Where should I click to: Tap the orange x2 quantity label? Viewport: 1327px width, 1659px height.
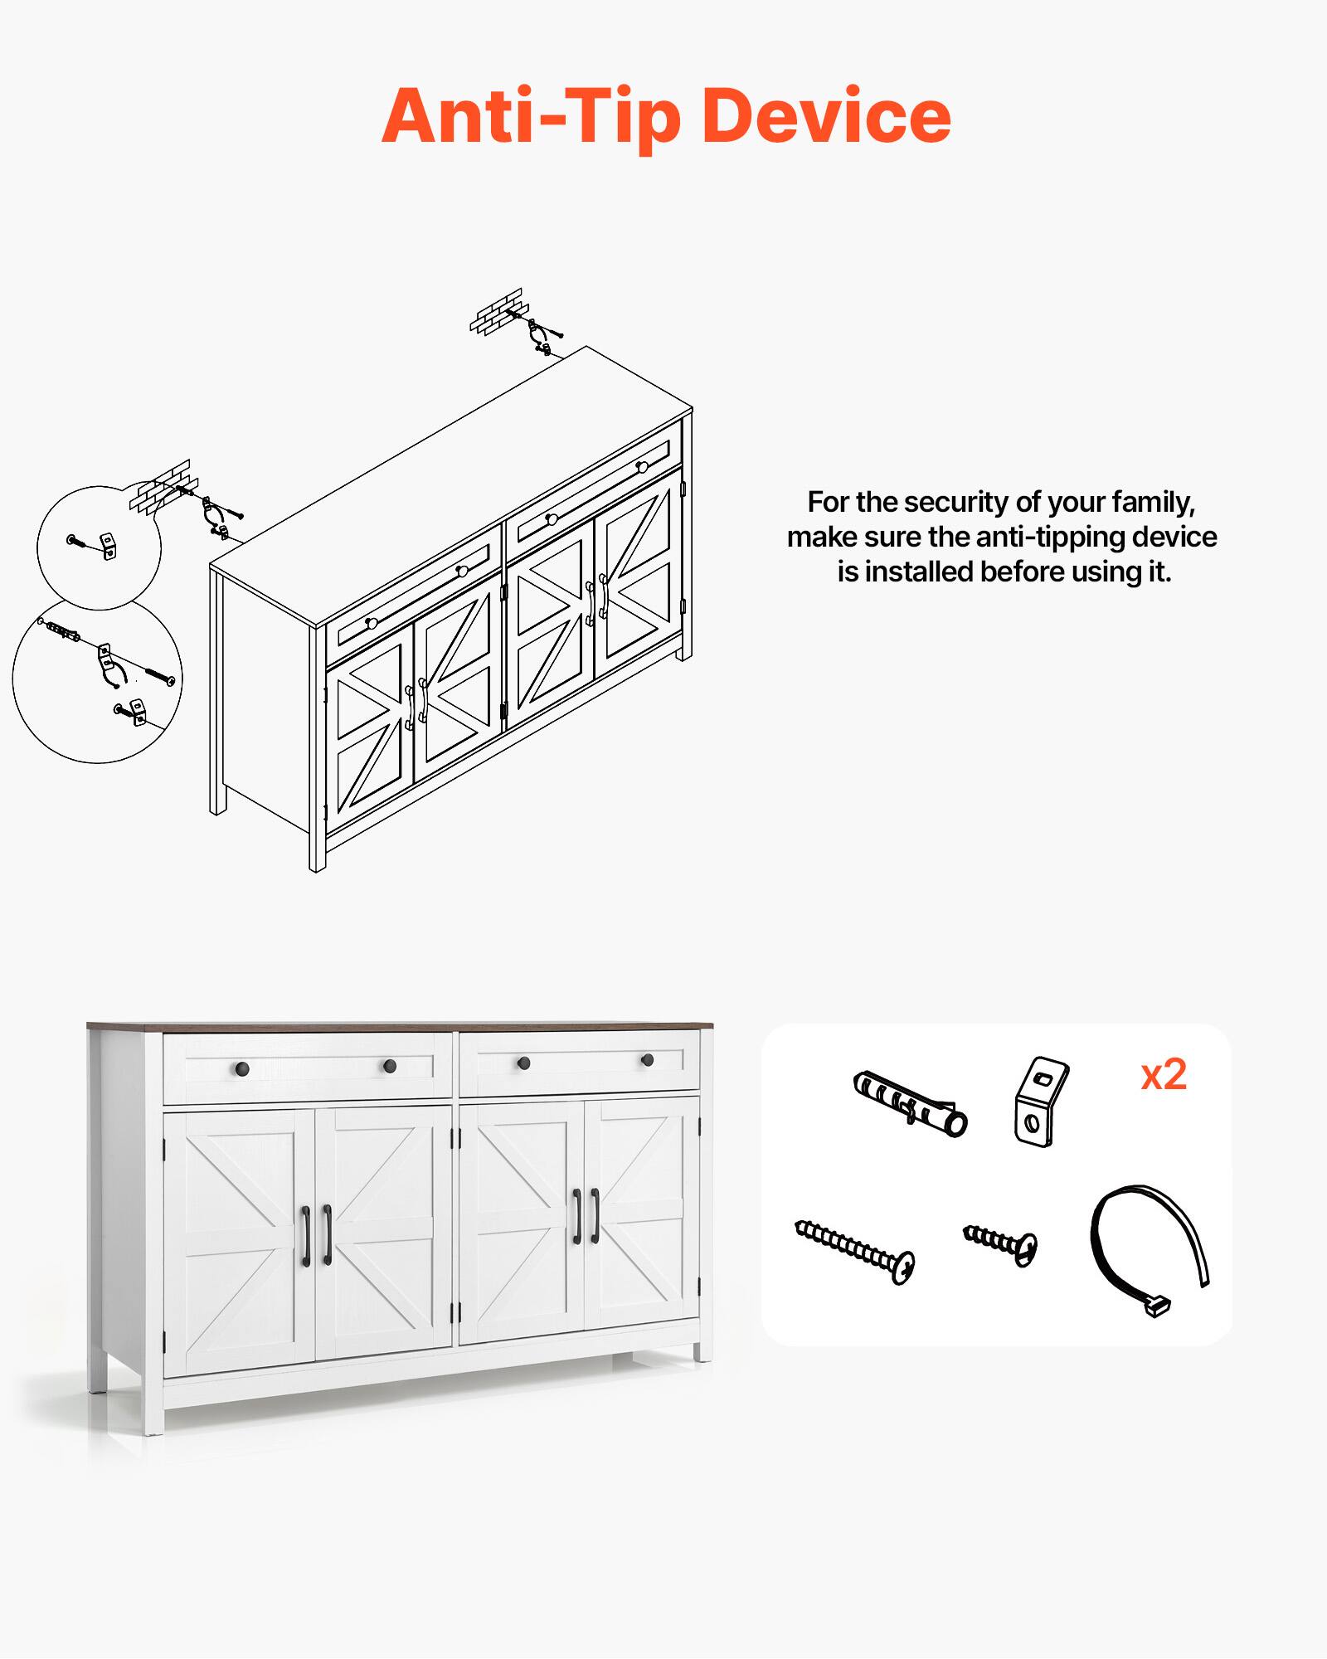pos(1164,1076)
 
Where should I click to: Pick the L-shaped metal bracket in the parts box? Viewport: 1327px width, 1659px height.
pos(1039,1102)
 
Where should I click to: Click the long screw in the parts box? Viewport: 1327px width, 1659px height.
pos(854,1251)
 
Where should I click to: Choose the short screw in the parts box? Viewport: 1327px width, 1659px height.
pos(1000,1243)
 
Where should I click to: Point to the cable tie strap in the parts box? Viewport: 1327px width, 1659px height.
pos(1149,1248)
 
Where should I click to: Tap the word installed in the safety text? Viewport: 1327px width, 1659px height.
pos(919,572)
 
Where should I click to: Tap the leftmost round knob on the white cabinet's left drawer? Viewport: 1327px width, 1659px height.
pos(242,1068)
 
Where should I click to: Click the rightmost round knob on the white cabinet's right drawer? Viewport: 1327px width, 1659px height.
pos(647,1060)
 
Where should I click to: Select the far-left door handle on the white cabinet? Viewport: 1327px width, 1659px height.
pos(305,1236)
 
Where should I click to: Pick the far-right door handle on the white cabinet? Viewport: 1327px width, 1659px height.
pos(595,1216)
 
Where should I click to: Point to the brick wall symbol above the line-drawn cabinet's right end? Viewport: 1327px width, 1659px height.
pos(496,310)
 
